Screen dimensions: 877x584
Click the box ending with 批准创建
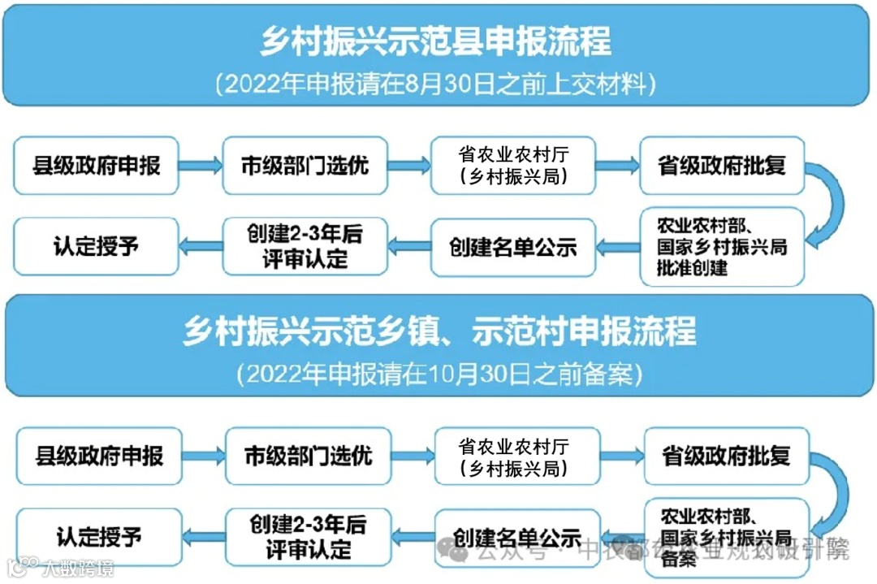721,246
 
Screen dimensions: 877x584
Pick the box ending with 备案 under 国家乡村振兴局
726,537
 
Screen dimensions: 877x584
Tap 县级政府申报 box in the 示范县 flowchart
97,166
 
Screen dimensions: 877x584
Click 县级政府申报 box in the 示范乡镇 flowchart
100,456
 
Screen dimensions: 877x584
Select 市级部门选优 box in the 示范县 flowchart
305,166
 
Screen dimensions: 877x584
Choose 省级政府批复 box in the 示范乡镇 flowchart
726,456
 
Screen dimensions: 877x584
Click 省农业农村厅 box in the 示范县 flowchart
513,166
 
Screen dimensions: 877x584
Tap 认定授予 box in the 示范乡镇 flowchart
100,537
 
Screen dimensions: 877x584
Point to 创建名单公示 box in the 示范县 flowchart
513,246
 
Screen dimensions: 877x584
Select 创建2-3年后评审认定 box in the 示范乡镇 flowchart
309,537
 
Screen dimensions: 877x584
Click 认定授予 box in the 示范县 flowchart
97,246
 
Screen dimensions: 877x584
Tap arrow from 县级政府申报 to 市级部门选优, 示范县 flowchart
201,166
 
